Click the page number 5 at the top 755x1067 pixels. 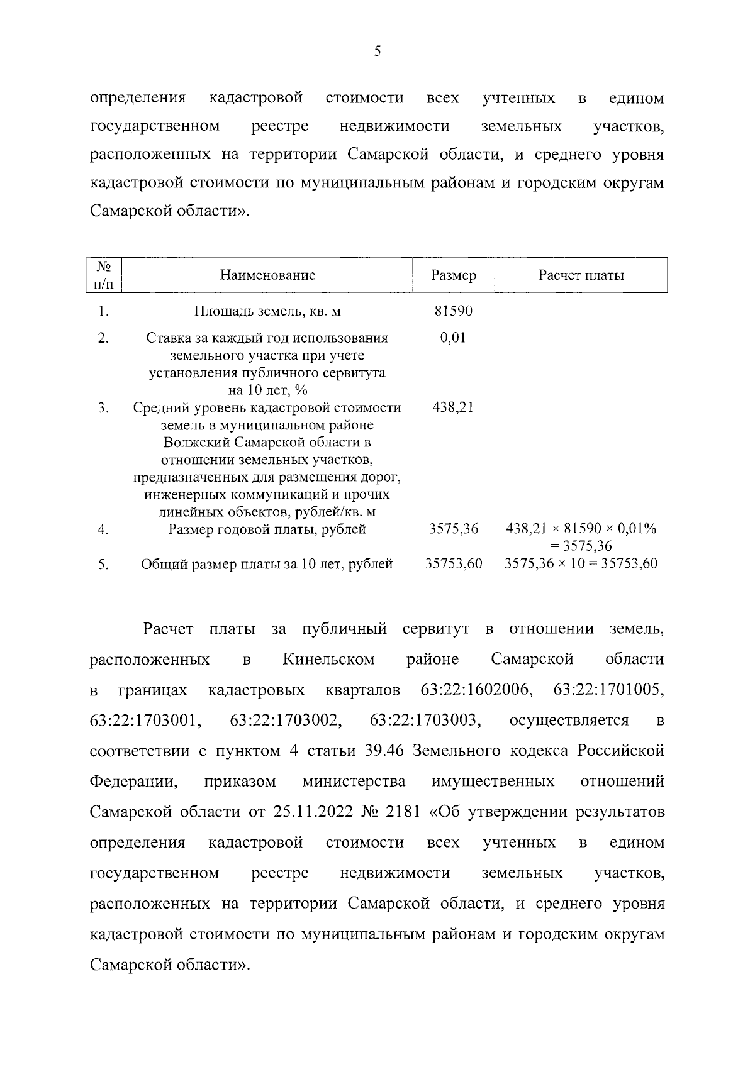tap(377, 52)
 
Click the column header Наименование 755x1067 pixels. tap(267, 275)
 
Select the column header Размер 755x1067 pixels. tap(454, 275)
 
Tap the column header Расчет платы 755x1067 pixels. tap(581, 275)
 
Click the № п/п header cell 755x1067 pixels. tap(104, 275)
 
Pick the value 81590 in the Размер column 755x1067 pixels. tap(453, 311)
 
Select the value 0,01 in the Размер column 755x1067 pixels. tap(453, 338)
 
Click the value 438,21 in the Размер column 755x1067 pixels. tap(453, 407)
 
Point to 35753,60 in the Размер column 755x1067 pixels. tap(454, 563)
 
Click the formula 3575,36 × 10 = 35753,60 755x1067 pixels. tap(581, 563)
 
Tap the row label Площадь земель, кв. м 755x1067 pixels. tap(267, 311)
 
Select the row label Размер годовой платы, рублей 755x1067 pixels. tap(267, 529)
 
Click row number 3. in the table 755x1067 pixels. tap(104, 408)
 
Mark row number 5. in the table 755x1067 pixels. tap(104, 564)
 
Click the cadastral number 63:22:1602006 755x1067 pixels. tap(476, 690)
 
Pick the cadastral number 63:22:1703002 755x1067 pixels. tap(286, 721)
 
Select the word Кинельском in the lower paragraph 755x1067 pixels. tap(328, 660)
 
